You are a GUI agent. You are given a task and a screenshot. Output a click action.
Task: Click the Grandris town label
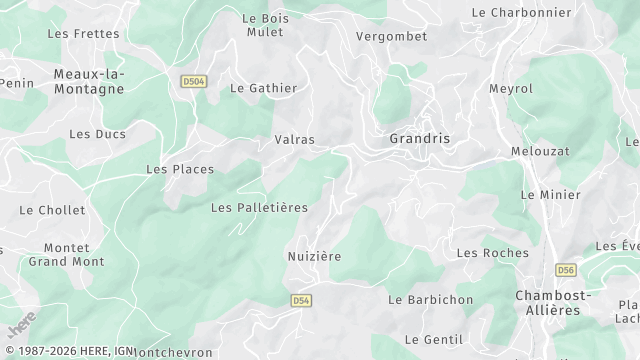(420, 139)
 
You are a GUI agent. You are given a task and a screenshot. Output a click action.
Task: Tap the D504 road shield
(193, 81)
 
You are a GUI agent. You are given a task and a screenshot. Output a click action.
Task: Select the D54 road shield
(301, 300)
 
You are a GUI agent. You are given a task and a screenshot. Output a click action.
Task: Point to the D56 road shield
(567, 270)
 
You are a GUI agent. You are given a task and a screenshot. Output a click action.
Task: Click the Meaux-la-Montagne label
(89, 81)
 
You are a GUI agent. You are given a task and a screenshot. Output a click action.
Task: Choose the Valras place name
(294, 140)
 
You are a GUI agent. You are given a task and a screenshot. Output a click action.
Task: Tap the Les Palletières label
(259, 207)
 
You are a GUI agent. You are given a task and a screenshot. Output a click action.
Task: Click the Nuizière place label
(313, 256)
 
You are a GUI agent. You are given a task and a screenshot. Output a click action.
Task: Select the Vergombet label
(392, 36)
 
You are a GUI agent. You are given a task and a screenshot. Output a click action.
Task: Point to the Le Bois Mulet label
(264, 25)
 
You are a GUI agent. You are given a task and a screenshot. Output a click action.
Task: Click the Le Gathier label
(264, 88)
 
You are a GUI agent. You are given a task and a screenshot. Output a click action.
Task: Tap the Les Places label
(180, 169)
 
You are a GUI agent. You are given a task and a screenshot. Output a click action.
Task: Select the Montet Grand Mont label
(66, 254)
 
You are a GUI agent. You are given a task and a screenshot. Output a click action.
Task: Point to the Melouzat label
(540, 150)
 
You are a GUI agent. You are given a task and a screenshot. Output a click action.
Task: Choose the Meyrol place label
(511, 89)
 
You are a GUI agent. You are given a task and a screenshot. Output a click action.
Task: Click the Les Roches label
(492, 253)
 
